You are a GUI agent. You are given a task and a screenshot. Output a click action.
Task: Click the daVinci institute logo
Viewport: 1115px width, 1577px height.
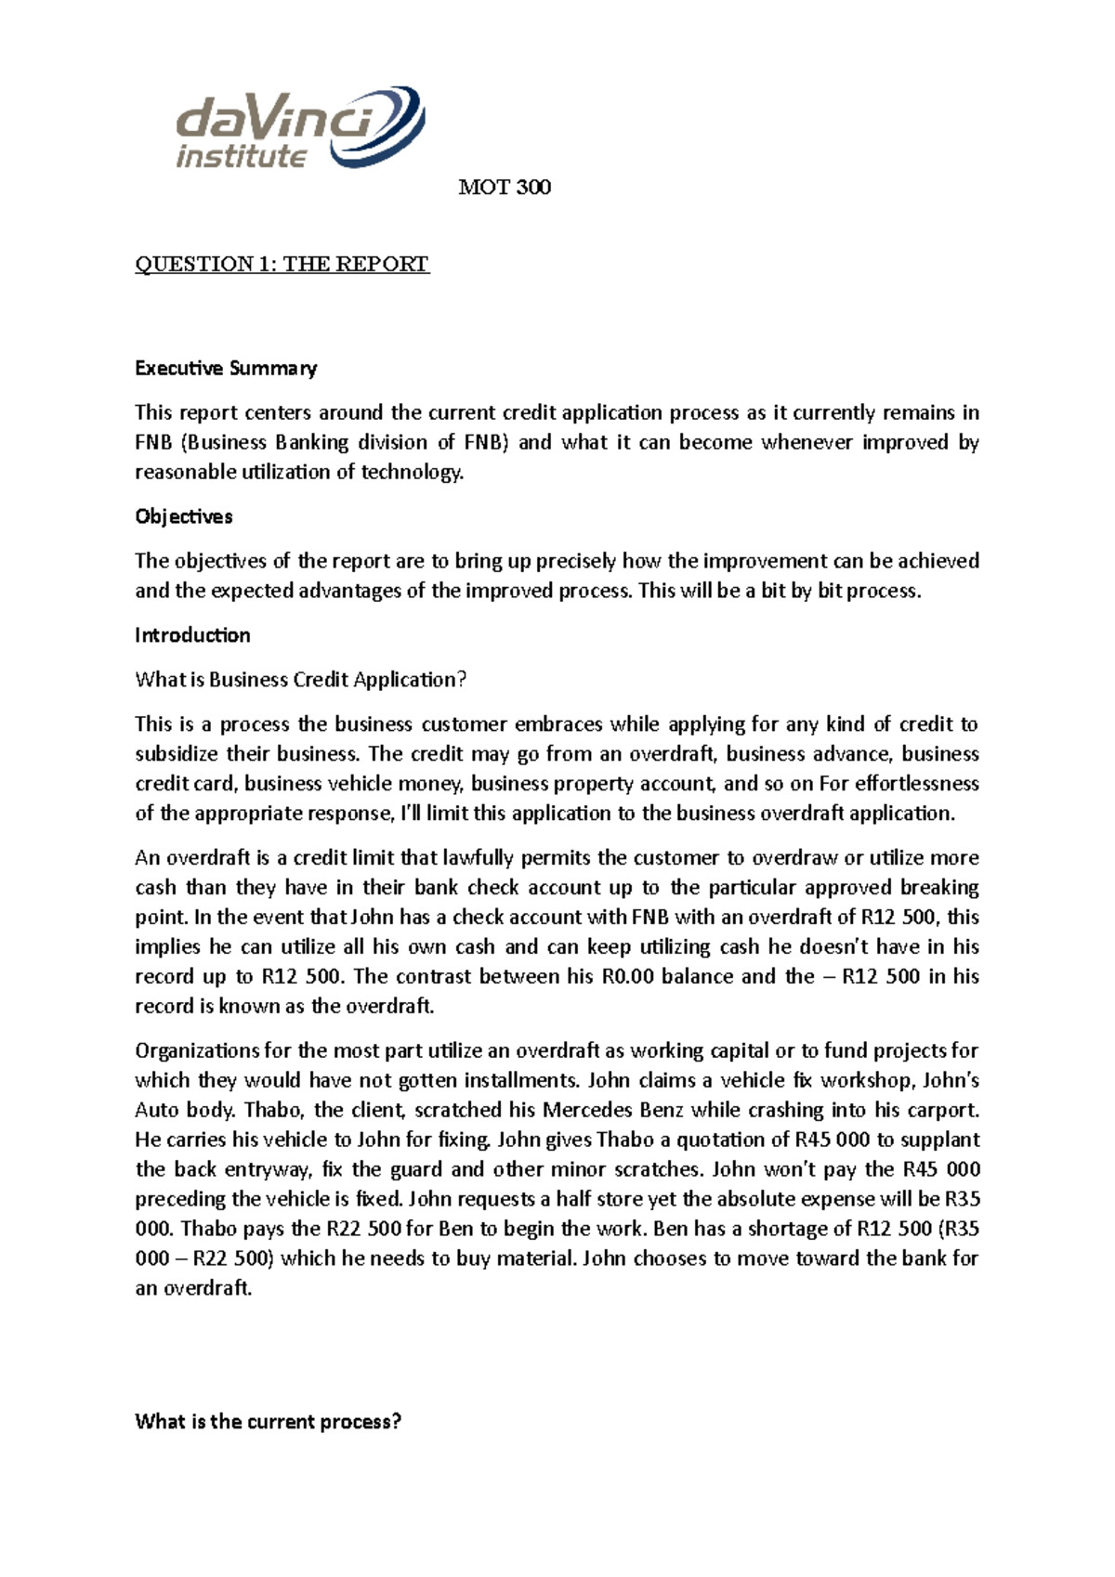[x=299, y=128]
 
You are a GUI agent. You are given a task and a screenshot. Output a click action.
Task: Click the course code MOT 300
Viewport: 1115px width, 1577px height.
[x=505, y=188]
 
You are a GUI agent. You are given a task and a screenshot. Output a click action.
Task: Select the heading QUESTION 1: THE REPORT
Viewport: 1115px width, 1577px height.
[x=282, y=265]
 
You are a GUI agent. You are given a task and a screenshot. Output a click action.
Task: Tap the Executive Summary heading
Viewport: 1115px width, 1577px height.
[x=226, y=369]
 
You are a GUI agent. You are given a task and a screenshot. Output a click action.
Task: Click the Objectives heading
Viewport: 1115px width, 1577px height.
[x=183, y=516]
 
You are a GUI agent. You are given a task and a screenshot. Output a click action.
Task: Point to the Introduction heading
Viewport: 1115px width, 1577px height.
[x=192, y=635]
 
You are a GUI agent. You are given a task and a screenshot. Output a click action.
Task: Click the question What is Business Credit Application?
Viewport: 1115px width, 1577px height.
[x=300, y=680]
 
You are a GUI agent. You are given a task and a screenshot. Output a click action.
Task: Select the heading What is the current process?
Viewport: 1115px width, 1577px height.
[x=268, y=1422]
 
